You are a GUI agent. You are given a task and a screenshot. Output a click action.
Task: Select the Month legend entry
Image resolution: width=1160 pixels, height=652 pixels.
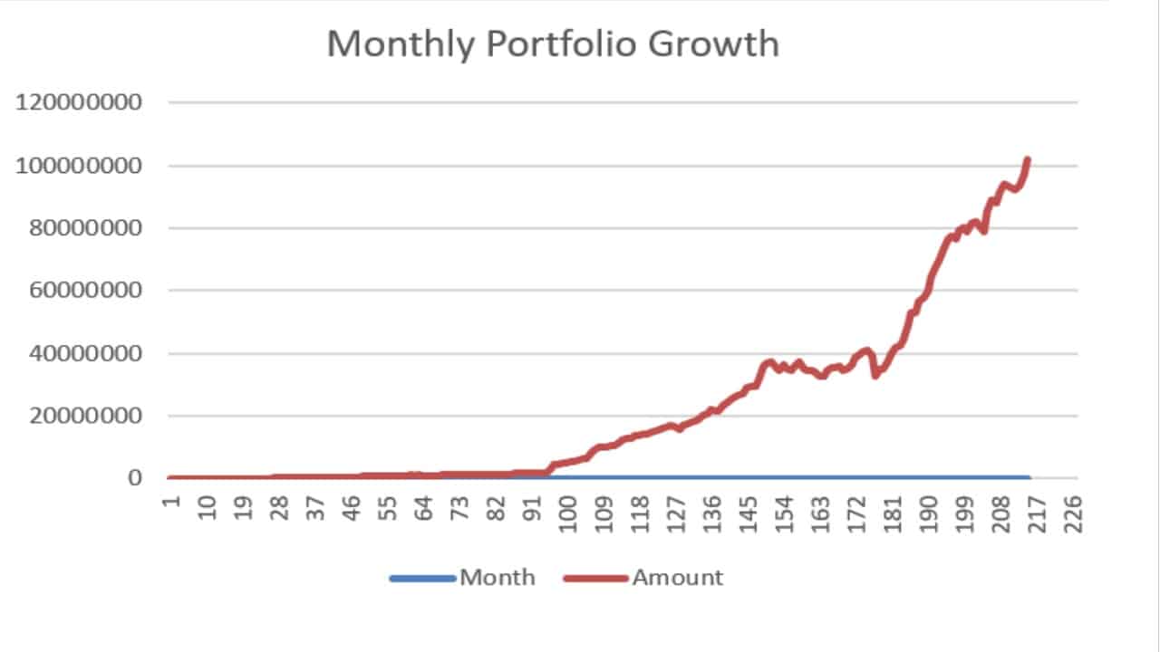(x=497, y=578)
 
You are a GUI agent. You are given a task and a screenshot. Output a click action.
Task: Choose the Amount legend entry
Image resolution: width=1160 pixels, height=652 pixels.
(x=677, y=578)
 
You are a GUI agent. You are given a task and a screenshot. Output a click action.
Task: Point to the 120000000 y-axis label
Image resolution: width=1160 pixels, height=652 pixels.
(x=79, y=102)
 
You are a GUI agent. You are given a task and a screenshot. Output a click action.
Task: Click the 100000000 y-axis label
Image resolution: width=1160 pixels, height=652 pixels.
(x=79, y=166)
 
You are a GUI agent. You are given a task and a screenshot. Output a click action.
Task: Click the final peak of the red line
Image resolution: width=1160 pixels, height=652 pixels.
(x=1027, y=160)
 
